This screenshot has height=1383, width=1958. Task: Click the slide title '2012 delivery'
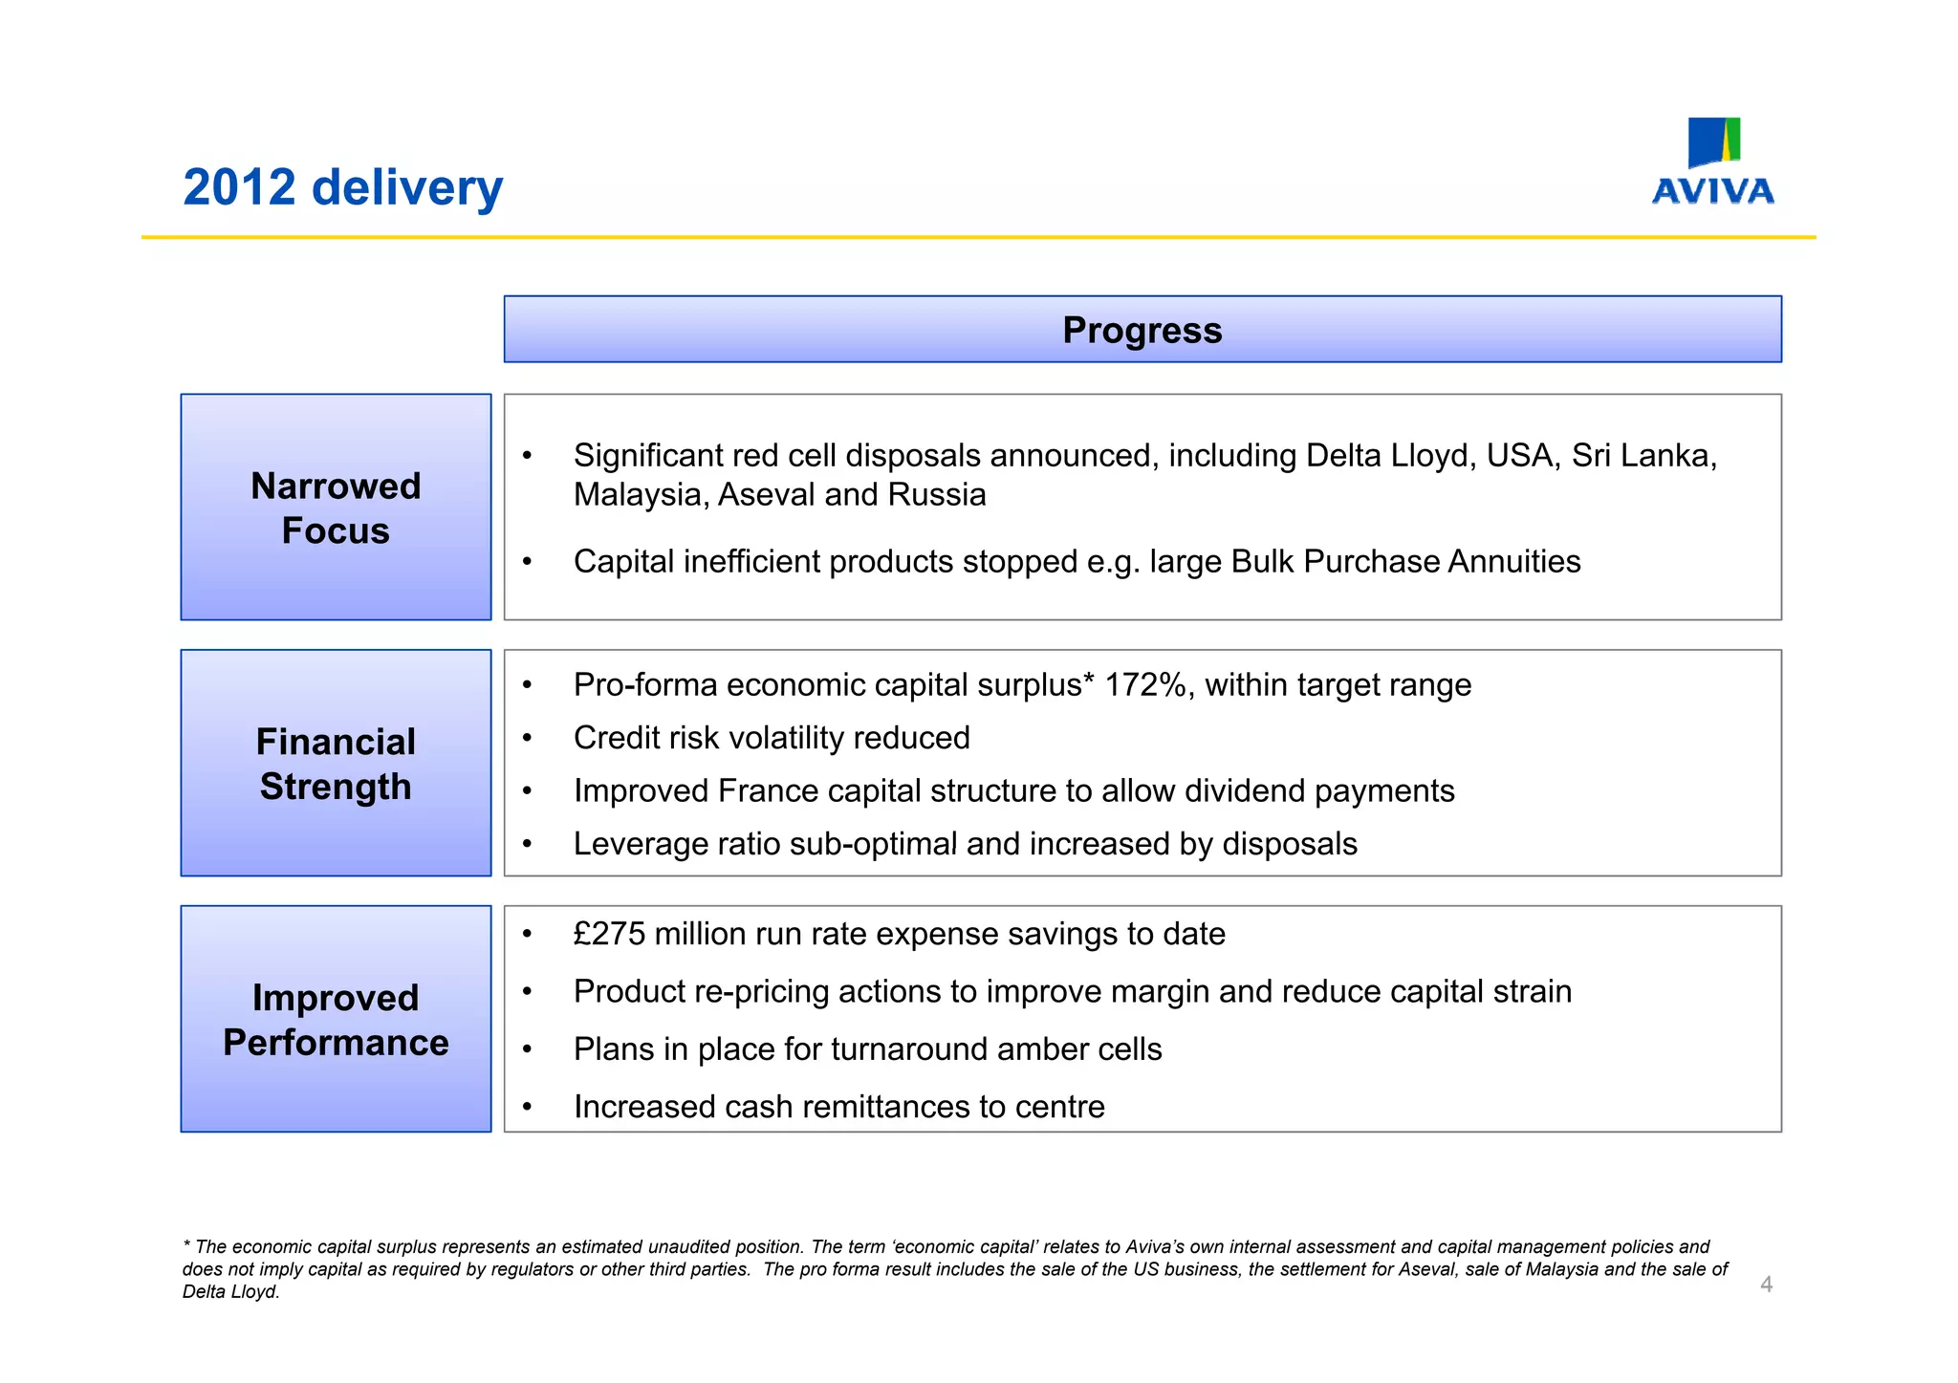[342, 187]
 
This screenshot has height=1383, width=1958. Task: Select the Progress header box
[1142, 330]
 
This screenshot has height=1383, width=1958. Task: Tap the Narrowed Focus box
[336, 508]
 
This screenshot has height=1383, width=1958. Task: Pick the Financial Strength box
[336, 764]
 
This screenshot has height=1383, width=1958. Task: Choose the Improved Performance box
[336, 1020]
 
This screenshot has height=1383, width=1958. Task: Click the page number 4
[1766, 1285]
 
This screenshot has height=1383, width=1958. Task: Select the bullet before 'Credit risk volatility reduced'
[527, 739]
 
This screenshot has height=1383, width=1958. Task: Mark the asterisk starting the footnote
[186, 1246]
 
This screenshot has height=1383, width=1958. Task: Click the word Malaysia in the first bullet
[640, 495]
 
